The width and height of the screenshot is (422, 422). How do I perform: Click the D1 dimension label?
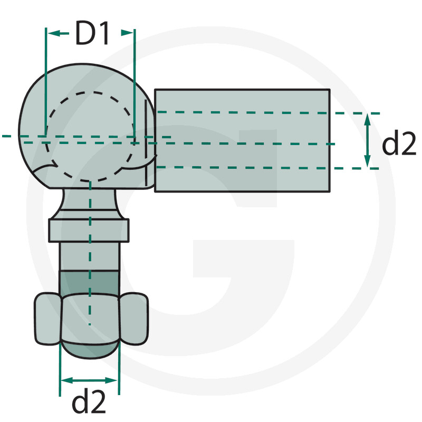92,33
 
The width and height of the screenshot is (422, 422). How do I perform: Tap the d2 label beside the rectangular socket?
399,144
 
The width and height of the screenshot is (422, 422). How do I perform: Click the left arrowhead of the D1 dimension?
53,33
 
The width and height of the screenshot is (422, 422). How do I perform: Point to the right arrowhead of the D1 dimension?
127,33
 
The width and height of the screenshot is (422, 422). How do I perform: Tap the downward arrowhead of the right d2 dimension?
367,161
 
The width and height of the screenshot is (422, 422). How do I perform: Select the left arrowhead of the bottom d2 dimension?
67,380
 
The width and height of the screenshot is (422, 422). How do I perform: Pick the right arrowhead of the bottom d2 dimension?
111,380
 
